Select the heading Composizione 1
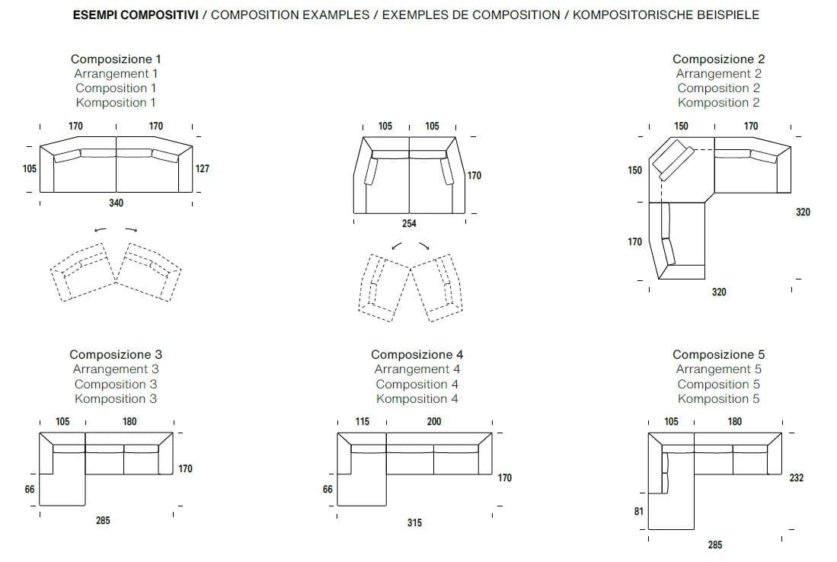coord(116,59)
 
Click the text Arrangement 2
coord(718,74)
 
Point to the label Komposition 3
coord(116,398)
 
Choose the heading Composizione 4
coord(417,354)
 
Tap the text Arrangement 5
coord(718,369)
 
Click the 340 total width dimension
coord(116,203)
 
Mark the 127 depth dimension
coord(203,169)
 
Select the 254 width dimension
coord(409,223)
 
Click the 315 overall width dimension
coord(414,522)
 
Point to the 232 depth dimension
coord(797,478)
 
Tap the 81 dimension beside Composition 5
coord(638,512)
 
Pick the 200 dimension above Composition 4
coord(433,422)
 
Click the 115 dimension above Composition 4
coord(363,422)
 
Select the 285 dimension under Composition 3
coord(103,521)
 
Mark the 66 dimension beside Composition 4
coord(327,490)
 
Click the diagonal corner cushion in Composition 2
coord(675,160)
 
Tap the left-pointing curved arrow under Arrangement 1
coord(100,228)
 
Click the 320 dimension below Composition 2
coord(718,292)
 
